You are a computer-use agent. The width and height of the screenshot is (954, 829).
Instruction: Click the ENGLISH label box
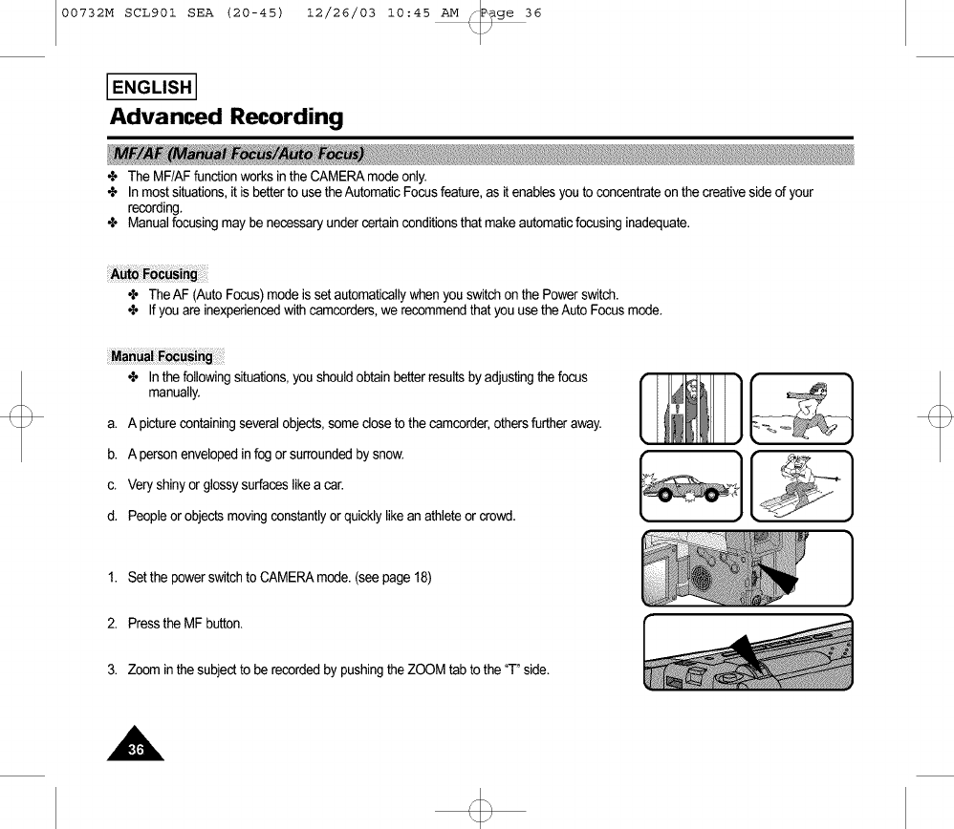[153, 88]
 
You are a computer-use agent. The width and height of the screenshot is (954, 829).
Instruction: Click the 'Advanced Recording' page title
[226, 117]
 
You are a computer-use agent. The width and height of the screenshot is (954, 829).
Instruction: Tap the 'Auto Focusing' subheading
[154, 274]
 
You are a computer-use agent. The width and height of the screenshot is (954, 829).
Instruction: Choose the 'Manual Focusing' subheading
[162, 356]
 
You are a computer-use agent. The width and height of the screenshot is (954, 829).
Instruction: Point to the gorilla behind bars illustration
[691, 409]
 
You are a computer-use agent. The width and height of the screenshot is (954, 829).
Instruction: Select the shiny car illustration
[691, 486]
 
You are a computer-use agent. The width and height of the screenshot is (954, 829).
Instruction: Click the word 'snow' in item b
[388, 453]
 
